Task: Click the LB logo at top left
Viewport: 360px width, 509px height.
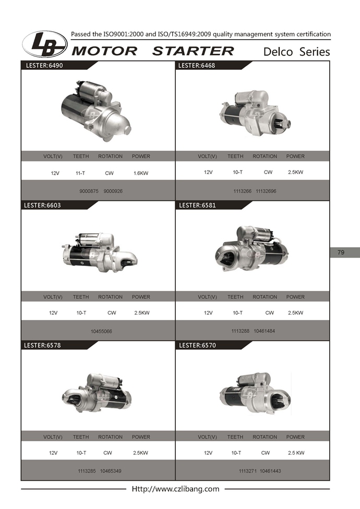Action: (44, 43)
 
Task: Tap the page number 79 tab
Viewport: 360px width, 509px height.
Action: (345, 252)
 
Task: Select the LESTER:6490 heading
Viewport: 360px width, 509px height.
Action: (44, 65)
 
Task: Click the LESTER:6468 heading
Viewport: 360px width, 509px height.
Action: (196, 65)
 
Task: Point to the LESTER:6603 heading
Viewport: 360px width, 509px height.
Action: (42, 205)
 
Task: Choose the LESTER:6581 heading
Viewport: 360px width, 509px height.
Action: (197, 205)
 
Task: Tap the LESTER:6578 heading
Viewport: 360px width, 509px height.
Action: (42, 345)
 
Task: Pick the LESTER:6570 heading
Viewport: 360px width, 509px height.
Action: (197, 345)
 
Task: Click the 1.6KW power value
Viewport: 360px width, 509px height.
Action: (141, 173)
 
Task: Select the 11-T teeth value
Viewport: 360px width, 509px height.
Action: (80, 173)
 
